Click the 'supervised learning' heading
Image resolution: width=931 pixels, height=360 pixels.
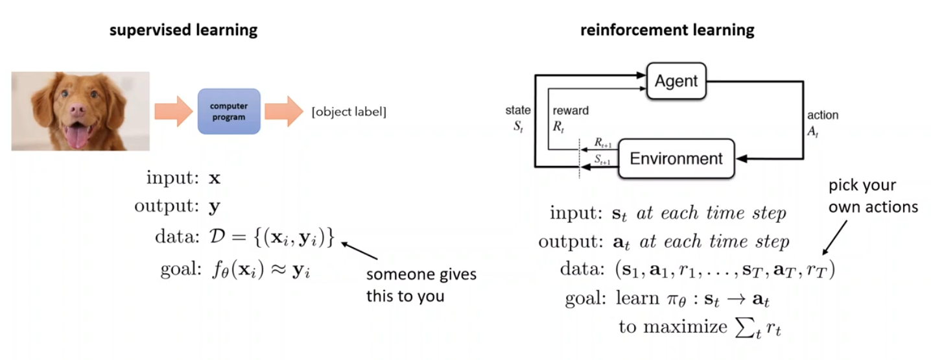pyautogui.click(x=184, y=30)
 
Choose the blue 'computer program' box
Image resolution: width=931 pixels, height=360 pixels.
pyautogui.click(x=228, y=112)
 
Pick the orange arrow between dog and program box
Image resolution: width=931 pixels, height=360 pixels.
pyautogui.click(x=173, y=112)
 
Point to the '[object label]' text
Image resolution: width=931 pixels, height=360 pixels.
pyautogui.click(x=349, y=112)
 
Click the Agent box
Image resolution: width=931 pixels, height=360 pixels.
pyautogui.click(x=676, y=81)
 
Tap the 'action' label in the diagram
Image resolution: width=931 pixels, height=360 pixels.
pyautogui.click(x=822, y=115)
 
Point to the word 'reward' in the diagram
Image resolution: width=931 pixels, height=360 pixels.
pyautogui.click(x=571, y=110)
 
